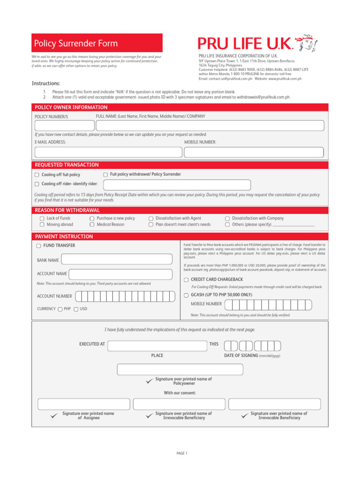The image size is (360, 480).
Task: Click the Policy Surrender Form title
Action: click(x=76, y=44)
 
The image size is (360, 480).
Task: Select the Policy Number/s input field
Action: click(x=64, y=126)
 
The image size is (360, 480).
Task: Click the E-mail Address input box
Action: click(x=108, y=152)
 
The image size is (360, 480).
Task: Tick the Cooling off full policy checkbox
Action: click(x=37, y=175)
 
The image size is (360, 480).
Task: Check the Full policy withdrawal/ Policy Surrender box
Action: click(x=105, y=174)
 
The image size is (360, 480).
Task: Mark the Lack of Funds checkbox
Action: click(x=42, y=218)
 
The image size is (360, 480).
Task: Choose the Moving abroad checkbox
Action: click(x=42, y=225)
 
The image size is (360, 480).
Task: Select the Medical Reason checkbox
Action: click(x=92, y=225)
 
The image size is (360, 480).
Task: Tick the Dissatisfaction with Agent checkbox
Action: click(x=151, y=218)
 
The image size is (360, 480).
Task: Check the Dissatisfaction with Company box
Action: click(x=227, y=218)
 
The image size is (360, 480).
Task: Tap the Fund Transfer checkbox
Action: click(x=38, y=246)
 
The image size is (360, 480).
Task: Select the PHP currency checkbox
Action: click(x=60, y=309)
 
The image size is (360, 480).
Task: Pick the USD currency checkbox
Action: click(x=76, y=309)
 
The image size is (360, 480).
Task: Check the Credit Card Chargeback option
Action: click(x=186, y=280)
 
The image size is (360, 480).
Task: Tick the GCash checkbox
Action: click(x=186, y=295)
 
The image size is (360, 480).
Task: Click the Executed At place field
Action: click(x=157, y=345)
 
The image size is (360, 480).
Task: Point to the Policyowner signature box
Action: click(x=180, y=369)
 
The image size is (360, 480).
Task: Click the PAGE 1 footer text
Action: click(x=182, y=453)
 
